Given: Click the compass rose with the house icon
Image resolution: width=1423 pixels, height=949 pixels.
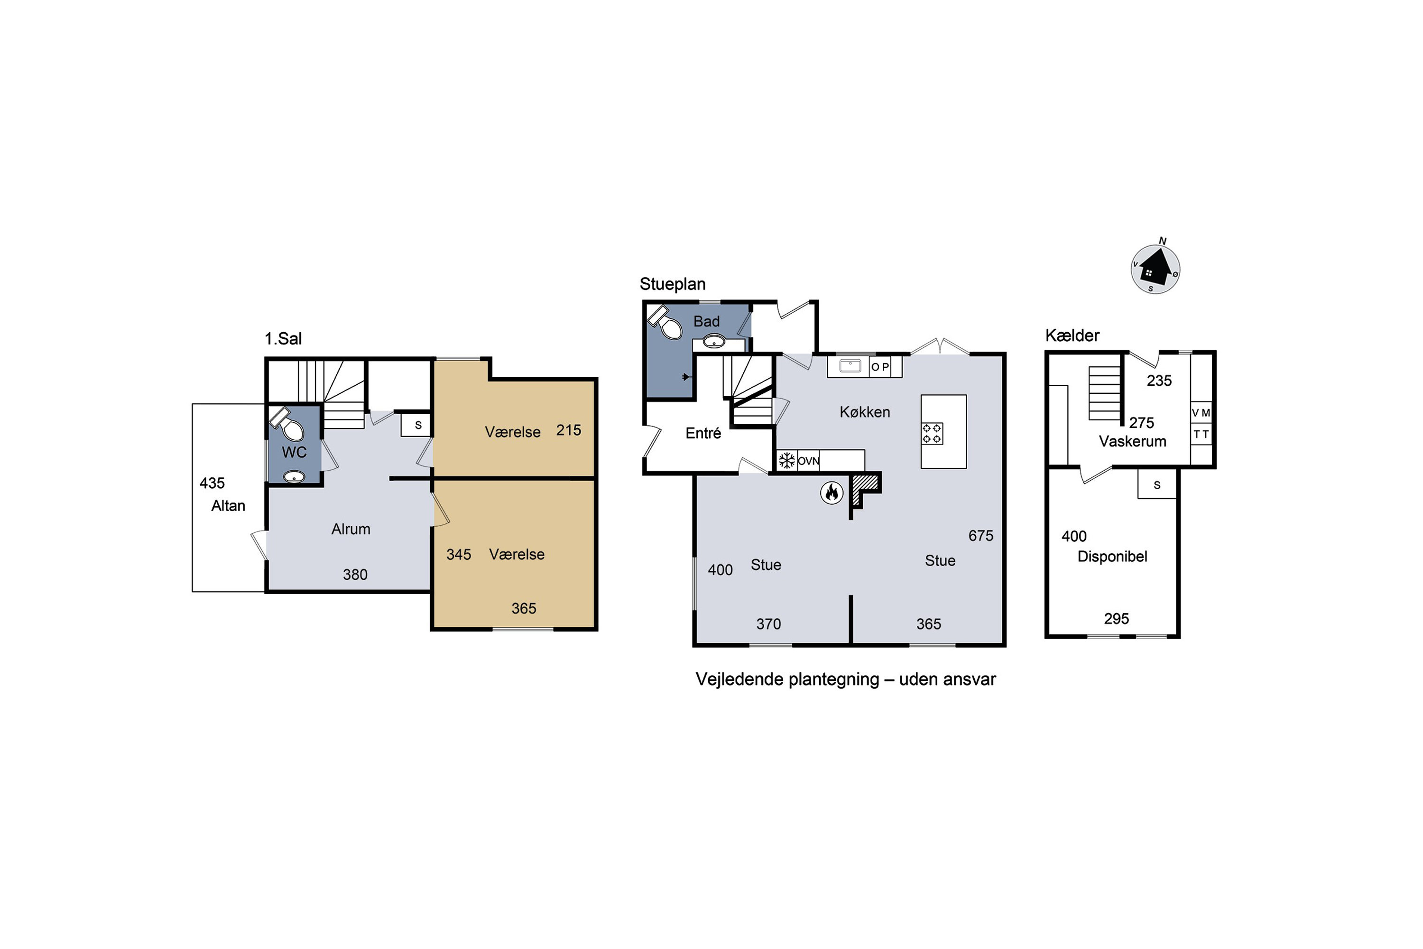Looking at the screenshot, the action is click(1155, 269).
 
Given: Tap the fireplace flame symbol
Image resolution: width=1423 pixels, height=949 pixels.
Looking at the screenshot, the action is click(832, 493).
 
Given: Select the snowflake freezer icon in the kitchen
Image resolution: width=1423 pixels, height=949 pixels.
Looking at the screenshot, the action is click(786, 461).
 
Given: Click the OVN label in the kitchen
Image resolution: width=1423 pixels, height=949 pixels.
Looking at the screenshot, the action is click(808, 461).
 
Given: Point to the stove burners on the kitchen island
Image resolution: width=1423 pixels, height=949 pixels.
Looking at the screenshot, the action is click(933, 433).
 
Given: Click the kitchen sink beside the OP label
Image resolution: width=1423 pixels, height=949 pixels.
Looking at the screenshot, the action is click(850, 365).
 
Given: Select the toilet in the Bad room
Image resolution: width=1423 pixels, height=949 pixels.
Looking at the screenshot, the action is click(665, 321).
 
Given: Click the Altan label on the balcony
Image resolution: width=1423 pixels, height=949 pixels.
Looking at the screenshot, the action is click(228, 506).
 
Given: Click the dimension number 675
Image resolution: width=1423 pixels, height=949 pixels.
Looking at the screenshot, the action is click(981, 536).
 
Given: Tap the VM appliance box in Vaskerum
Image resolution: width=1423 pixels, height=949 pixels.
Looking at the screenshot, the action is click(1201, 412).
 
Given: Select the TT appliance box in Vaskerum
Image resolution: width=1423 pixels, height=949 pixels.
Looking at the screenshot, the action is click(1201, 434).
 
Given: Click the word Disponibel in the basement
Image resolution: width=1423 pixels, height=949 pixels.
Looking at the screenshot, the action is click(1112, 556).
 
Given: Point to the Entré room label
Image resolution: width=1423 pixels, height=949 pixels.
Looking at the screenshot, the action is click(703, 433).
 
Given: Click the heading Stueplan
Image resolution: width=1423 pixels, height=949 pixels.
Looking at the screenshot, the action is click(673, 284).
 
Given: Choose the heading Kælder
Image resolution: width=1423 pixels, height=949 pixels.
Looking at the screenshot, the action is click(1072, 335).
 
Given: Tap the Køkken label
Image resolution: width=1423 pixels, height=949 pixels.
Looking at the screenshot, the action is click(865, 412).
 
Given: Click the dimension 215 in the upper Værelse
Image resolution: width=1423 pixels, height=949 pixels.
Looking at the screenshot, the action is click(569, 430).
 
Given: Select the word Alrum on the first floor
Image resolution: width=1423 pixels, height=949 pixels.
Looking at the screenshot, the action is click(351, 529).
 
